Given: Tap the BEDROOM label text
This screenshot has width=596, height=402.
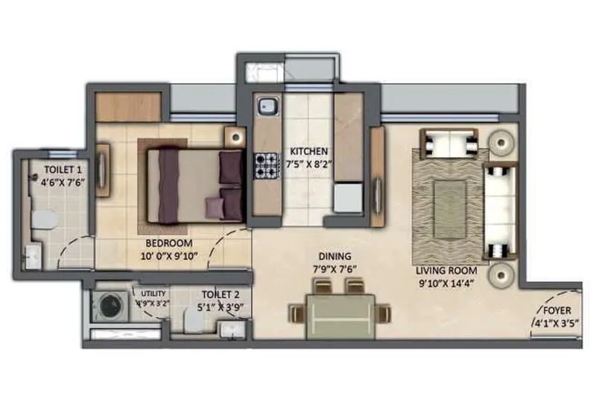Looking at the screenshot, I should click(x=168, y=243).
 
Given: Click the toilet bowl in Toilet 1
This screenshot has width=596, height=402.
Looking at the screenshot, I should click(x=44, y=218).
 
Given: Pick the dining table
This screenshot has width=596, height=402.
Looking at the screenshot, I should click(x=332, y=311).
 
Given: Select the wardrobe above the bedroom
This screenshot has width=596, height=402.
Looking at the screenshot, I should click(x=129, y=108).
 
